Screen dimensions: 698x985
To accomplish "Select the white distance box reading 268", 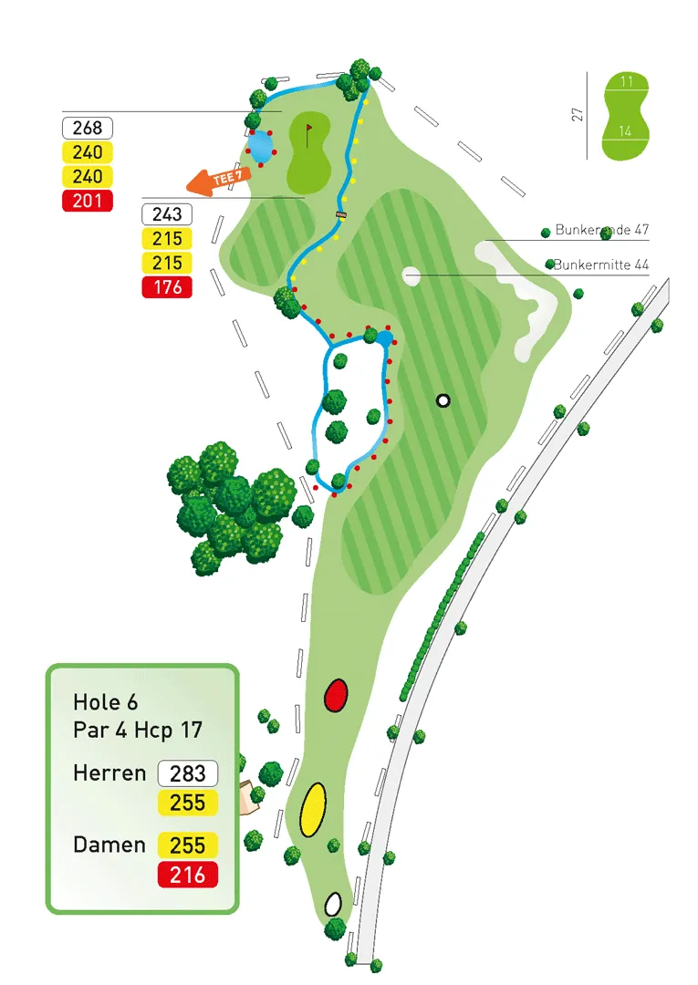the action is click(x=87, y=129).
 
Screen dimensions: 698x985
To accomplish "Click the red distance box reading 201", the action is click(x=87, y=201).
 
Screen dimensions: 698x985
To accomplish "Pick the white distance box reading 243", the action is click(x=167, y=214).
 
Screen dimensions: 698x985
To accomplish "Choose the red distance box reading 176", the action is click(x=167, y=287).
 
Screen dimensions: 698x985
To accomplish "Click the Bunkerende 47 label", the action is click(x=601, y=231).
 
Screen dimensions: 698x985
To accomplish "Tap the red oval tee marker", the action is click(x=337, y=695).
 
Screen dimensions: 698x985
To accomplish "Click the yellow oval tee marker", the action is click(x=313, y=808).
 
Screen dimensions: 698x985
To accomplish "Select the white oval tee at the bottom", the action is click(x=333, y=904).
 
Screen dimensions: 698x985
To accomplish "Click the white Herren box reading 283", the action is click(x=188, y=773).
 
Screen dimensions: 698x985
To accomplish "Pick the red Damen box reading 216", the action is click(x=188, y=875).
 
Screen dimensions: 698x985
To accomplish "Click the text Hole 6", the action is click(x=109, y=702).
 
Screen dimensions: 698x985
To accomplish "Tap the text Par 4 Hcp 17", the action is click(x=138, y=731).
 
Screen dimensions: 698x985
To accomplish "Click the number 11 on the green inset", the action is click(x=626, y=82).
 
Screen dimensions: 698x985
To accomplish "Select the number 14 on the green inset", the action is click(x=626, y=131).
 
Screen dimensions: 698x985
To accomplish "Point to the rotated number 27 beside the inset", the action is click(x=577, y=115).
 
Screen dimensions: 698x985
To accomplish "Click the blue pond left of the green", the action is click(x=260, y=146).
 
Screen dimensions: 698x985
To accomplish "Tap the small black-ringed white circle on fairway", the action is click(x=443, y=399).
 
